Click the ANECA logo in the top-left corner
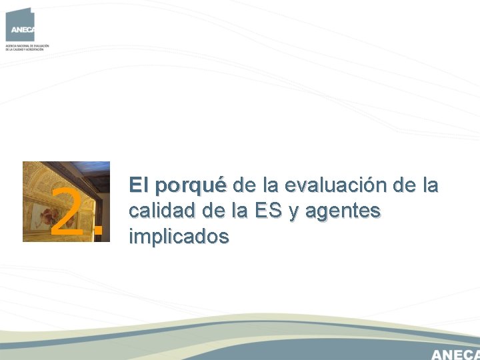click(x=19, y=25)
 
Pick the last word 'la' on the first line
click(x=430, y=185)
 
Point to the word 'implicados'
click(x=179, y=236)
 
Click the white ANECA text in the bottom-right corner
click(x=455, y=353)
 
